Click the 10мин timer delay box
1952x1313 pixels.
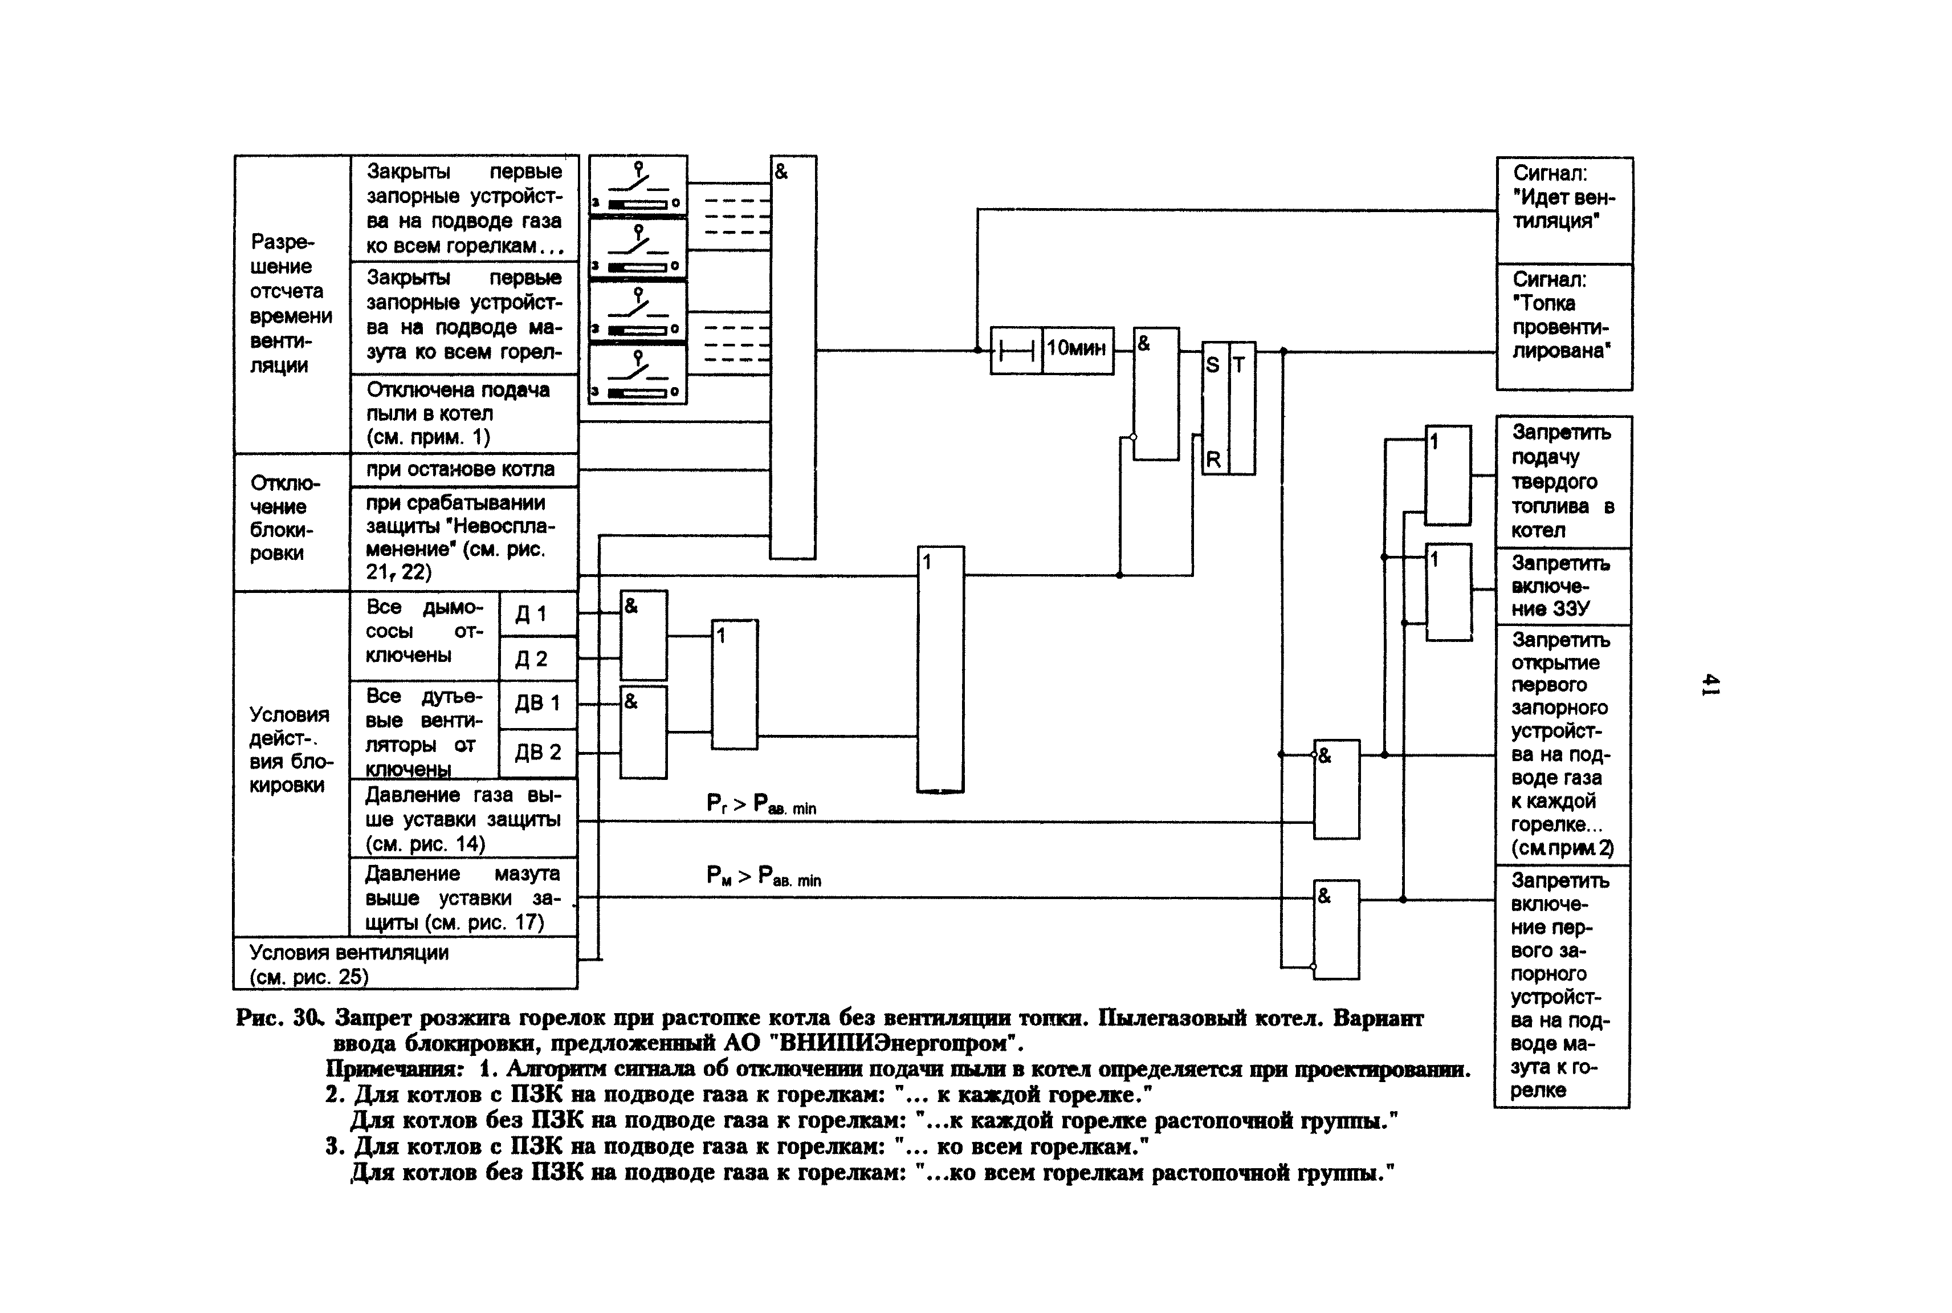tap(1077, 349)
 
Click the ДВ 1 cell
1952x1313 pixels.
tap(536, 704)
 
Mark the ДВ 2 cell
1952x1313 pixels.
tap(536, 753)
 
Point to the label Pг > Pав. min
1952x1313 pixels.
tap(761, 804)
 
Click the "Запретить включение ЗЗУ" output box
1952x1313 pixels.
tap(1562, 586)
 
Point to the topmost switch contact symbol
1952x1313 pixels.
tap(638, 185)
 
